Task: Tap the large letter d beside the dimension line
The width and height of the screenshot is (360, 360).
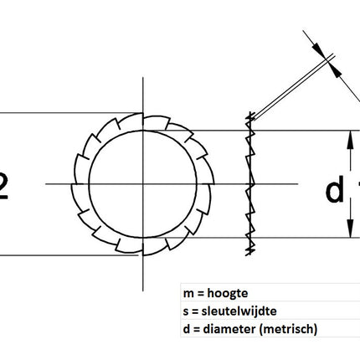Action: coord(334,192)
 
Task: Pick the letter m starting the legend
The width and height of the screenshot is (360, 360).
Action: coord(186,294)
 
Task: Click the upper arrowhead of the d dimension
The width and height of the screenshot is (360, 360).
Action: coord(347,136)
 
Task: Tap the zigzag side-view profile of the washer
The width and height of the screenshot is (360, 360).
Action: coord(249,184)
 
